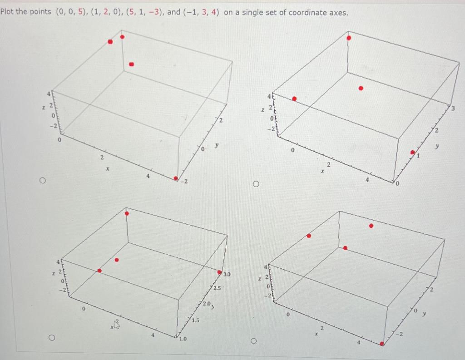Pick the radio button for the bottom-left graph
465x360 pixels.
53,338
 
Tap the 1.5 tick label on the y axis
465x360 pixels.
195,321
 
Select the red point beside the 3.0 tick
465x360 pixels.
220,273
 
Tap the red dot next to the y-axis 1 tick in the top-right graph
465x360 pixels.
412,152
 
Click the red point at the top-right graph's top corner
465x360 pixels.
349,38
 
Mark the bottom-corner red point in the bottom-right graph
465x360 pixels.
382,344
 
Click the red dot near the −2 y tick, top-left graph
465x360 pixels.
176,178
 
